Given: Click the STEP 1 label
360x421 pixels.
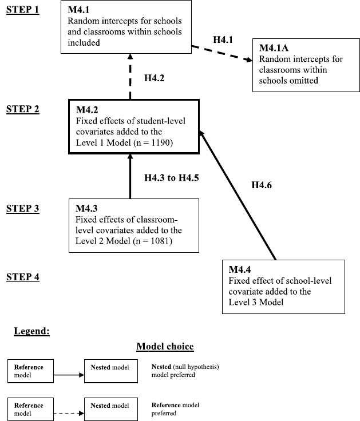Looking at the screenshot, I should [x=22, y=11].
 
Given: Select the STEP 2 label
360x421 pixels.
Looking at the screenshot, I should [x=22, y=109].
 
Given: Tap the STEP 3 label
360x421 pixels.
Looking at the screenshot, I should [x=22, y=209].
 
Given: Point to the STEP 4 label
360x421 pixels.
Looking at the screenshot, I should [x=22, y=277].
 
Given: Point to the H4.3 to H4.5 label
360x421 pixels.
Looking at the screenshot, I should [x=171, y=177].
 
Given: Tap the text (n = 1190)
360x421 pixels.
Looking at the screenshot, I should [x=153, y=141].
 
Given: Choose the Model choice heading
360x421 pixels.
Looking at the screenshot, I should [x=165, y=347].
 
